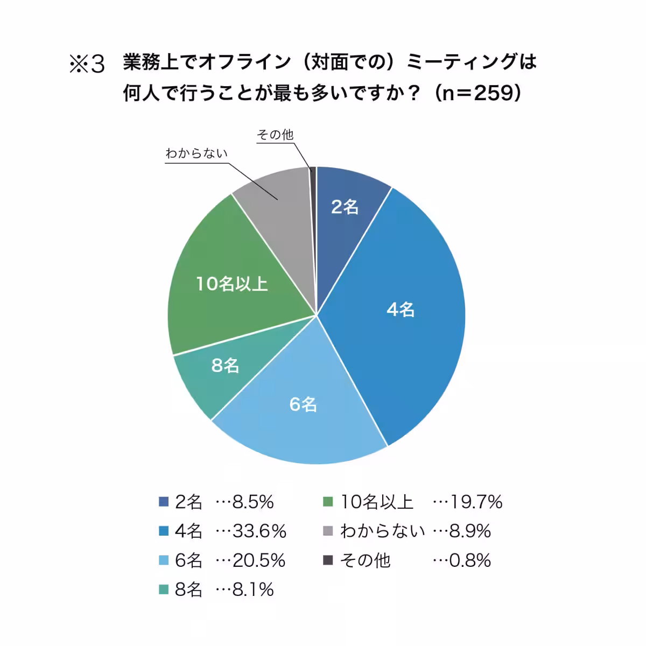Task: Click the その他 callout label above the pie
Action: click(x=275, y=135)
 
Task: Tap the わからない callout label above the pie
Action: click(x=196, y=153)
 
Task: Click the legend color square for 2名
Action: click(x=164, y=502)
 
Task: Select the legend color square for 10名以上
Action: click(x=327, y=502)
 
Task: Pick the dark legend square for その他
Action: click(x=327, y=560)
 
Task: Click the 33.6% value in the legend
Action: click(x=259, y=531)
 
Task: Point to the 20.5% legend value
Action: click(x=258, y=560)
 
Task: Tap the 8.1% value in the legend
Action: click(x=253, y=589)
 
